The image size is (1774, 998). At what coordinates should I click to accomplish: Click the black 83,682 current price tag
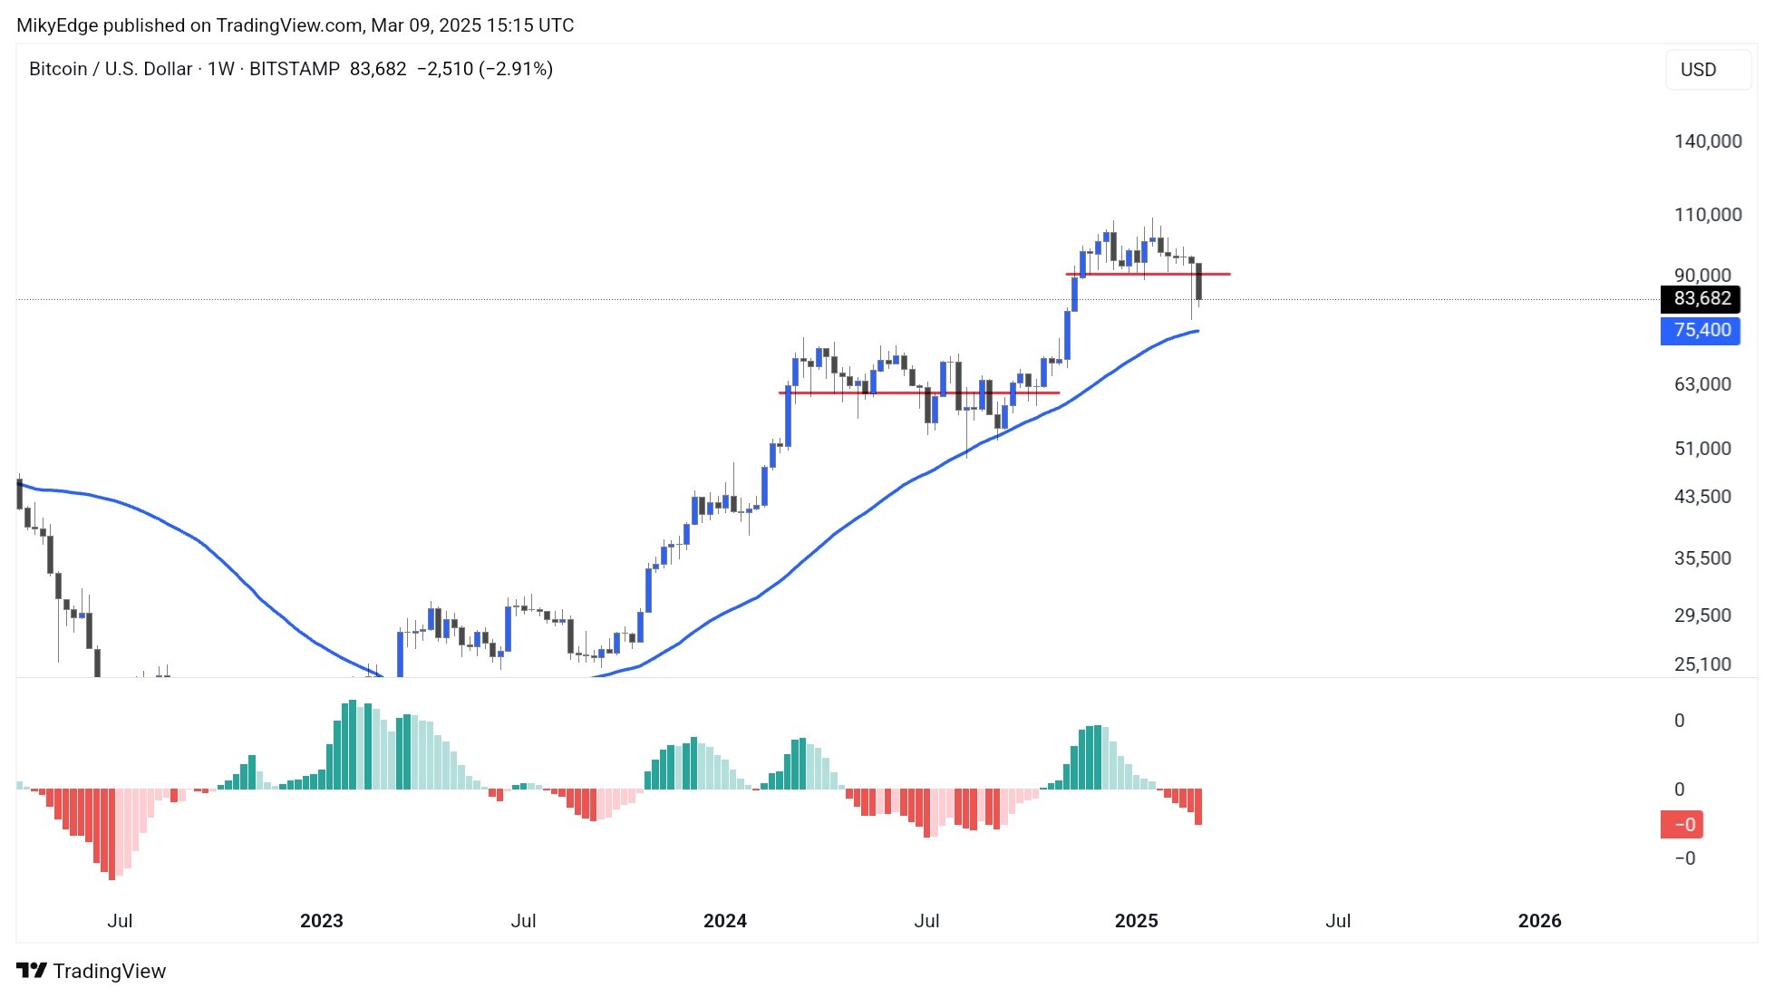point(1701,299)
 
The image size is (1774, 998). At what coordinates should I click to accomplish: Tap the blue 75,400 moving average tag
point(1701,331)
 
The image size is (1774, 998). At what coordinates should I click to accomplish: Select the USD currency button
point(1698,70)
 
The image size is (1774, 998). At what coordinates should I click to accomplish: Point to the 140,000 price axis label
point(1707,141)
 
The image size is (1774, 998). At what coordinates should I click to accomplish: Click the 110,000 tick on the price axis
point(1707,215)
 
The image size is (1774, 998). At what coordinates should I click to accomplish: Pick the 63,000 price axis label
point(1701,384)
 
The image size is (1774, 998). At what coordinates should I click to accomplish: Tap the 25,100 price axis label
point(1701,664)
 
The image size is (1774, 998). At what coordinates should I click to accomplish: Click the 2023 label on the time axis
point(321,921)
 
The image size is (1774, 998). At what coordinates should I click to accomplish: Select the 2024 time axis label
point(724,921)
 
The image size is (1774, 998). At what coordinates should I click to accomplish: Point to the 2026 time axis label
point(1539,921)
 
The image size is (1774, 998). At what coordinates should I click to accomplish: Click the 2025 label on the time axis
point(1136,921)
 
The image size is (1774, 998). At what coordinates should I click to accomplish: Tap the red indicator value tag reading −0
point(1682,825)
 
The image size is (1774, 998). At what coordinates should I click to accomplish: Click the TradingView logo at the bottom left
point(92,971)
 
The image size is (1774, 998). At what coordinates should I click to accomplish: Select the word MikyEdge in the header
point(57,25)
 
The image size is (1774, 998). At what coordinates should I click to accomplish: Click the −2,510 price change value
point(444,69)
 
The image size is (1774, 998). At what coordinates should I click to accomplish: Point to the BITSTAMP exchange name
point(295,69)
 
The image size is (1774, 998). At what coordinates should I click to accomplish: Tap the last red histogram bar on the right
point(1198,807)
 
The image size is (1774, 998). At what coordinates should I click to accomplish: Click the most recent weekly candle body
point(1198,282)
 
